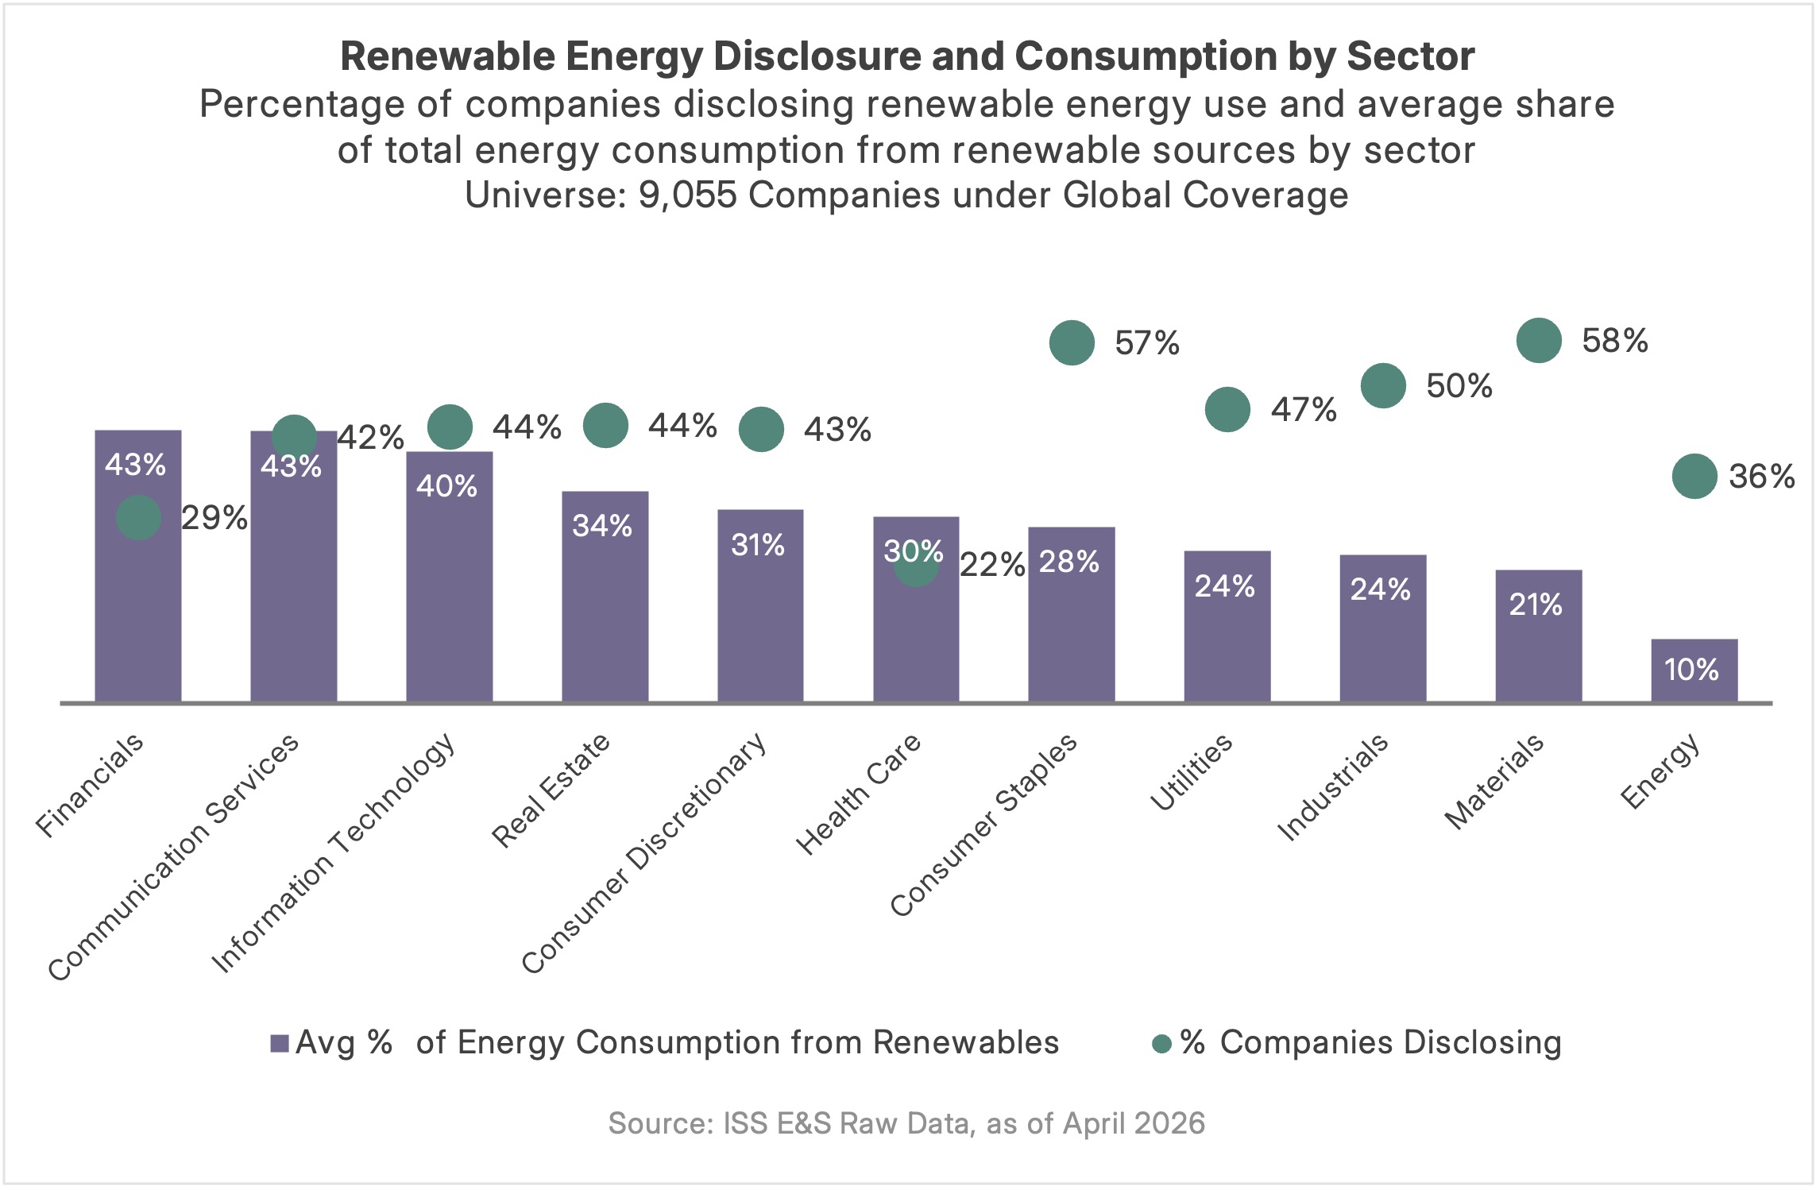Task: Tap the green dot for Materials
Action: [1539, 340]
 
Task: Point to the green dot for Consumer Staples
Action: [1072, 343]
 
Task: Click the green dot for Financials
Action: [138, 518]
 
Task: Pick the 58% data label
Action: [1614, 341]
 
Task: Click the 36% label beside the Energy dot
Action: [1761, 477]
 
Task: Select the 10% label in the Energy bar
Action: [1691, 670]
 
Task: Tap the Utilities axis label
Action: [1191, 772]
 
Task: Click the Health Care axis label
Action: [858, 794]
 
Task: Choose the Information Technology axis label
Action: [334, 853]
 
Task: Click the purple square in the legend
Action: [279, 1043]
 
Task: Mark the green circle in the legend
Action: [1161, 1044]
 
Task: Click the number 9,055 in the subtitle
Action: [688, 195]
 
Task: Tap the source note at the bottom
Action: [906, 1123]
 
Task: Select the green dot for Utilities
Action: [1227, 410]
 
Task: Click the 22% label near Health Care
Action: [992, 565]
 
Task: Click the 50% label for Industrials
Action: [1459, 386]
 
